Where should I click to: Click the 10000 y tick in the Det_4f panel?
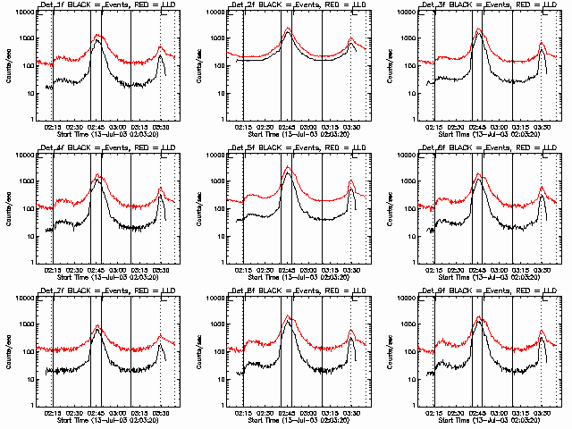(31, 156)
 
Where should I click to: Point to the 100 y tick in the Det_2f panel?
(223, 66)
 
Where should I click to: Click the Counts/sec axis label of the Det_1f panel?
(9, 66)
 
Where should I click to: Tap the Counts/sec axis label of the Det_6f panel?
(390, 209)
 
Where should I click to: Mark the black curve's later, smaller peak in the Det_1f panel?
(161, 55)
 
